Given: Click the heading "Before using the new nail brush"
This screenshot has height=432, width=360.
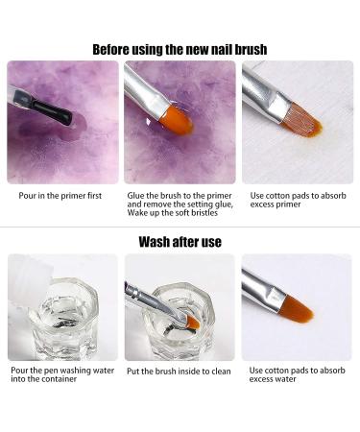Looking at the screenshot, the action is tap(180, 50).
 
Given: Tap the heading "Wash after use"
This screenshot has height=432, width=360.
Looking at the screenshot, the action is tap(180, 242).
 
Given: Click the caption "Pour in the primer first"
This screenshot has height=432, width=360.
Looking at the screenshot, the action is tap(60, 196).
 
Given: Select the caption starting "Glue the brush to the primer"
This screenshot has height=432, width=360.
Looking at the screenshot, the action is tap(180, 204).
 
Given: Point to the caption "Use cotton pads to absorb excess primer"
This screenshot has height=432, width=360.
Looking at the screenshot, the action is tap(298, 200).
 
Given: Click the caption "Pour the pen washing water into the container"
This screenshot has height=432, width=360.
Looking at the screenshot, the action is tap(62, 374).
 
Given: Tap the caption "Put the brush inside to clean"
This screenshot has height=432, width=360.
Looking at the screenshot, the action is tap(179, 372).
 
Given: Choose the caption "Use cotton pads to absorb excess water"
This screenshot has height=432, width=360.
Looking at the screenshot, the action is tap(297, 374).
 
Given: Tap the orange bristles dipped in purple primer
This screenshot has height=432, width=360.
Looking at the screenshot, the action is tap(176, 120).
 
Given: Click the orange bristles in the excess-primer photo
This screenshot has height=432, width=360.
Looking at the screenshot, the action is tap(301, 120).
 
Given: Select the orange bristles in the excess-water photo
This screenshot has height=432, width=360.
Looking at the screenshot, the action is tap(296, 308).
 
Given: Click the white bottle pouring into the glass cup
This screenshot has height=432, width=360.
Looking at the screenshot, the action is tap(30, 282).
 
